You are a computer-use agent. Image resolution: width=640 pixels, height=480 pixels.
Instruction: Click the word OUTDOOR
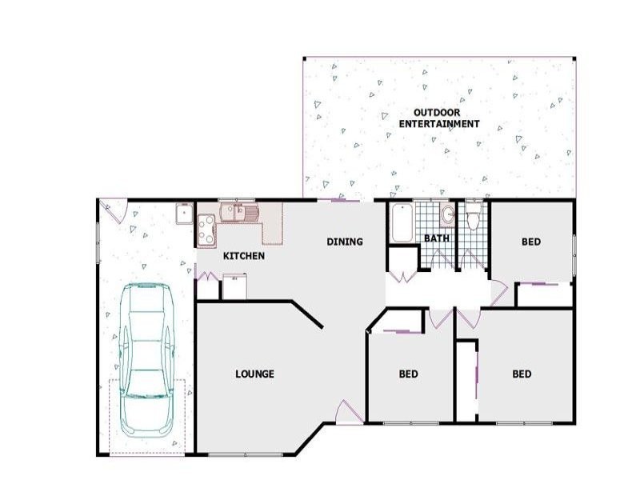click(437, 112)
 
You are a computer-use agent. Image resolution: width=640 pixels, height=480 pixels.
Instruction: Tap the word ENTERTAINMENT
click(439, 124)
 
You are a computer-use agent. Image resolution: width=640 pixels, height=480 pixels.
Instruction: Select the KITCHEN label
click(244, 256)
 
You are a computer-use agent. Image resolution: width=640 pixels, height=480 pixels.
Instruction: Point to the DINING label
click(345, 242)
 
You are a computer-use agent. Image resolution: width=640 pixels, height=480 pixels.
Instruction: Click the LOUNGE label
click(254, 374)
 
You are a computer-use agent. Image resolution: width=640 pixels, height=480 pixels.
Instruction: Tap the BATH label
click(437, 238)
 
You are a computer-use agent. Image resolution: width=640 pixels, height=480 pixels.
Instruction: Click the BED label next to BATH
click(531, 242)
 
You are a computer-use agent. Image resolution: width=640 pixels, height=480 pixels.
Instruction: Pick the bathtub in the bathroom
click(402, 223)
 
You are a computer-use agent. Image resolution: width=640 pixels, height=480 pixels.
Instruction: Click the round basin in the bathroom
click(448, 214)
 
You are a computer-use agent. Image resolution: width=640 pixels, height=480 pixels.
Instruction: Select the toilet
click(473, 216)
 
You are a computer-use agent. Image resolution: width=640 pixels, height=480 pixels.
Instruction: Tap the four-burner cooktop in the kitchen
click(206, 230)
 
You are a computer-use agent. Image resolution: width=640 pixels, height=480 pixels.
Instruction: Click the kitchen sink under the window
click(239, 212)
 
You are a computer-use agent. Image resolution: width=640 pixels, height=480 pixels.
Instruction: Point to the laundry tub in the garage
click(185, 214)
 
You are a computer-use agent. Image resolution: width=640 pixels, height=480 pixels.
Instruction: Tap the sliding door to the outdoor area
click(339, 199)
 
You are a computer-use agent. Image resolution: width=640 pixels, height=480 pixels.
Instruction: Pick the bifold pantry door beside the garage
click(208, 276)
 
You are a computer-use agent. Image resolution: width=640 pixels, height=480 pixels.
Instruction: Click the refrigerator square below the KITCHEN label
click(234, 286)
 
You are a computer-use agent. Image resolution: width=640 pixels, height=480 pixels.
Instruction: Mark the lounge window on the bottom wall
click(246, 454)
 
